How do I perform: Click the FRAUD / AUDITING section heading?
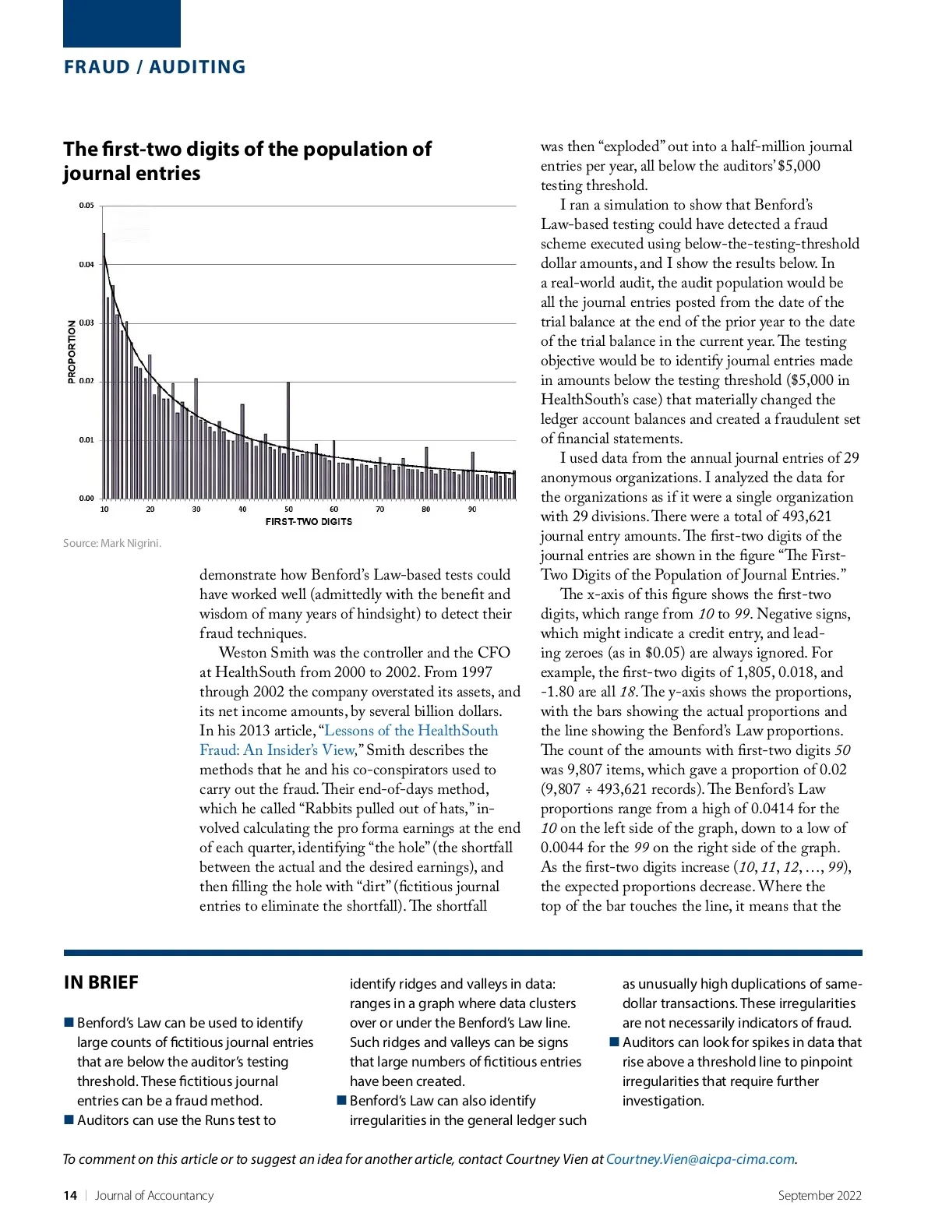(154, 67)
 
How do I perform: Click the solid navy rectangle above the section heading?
(122, 23)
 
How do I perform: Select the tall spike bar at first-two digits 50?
(288, 440)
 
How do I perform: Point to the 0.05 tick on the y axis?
(86, 206)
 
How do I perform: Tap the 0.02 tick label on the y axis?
(86, 381)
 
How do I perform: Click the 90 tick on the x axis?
(472, 509)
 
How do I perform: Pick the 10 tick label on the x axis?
(104, 509)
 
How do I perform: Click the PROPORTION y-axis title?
(72, 352)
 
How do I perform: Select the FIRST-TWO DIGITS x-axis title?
(309, 522)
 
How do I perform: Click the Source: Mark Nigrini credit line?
(112, 543)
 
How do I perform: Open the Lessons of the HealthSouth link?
(411, 731)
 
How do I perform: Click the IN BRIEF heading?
(101, 982)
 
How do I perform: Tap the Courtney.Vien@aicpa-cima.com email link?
(700, 1159)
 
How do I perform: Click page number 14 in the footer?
(70, 1196)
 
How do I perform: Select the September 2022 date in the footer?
(820, 1196)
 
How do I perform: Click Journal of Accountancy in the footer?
(154, 1196)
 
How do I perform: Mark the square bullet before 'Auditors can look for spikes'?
(614, 1042)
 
